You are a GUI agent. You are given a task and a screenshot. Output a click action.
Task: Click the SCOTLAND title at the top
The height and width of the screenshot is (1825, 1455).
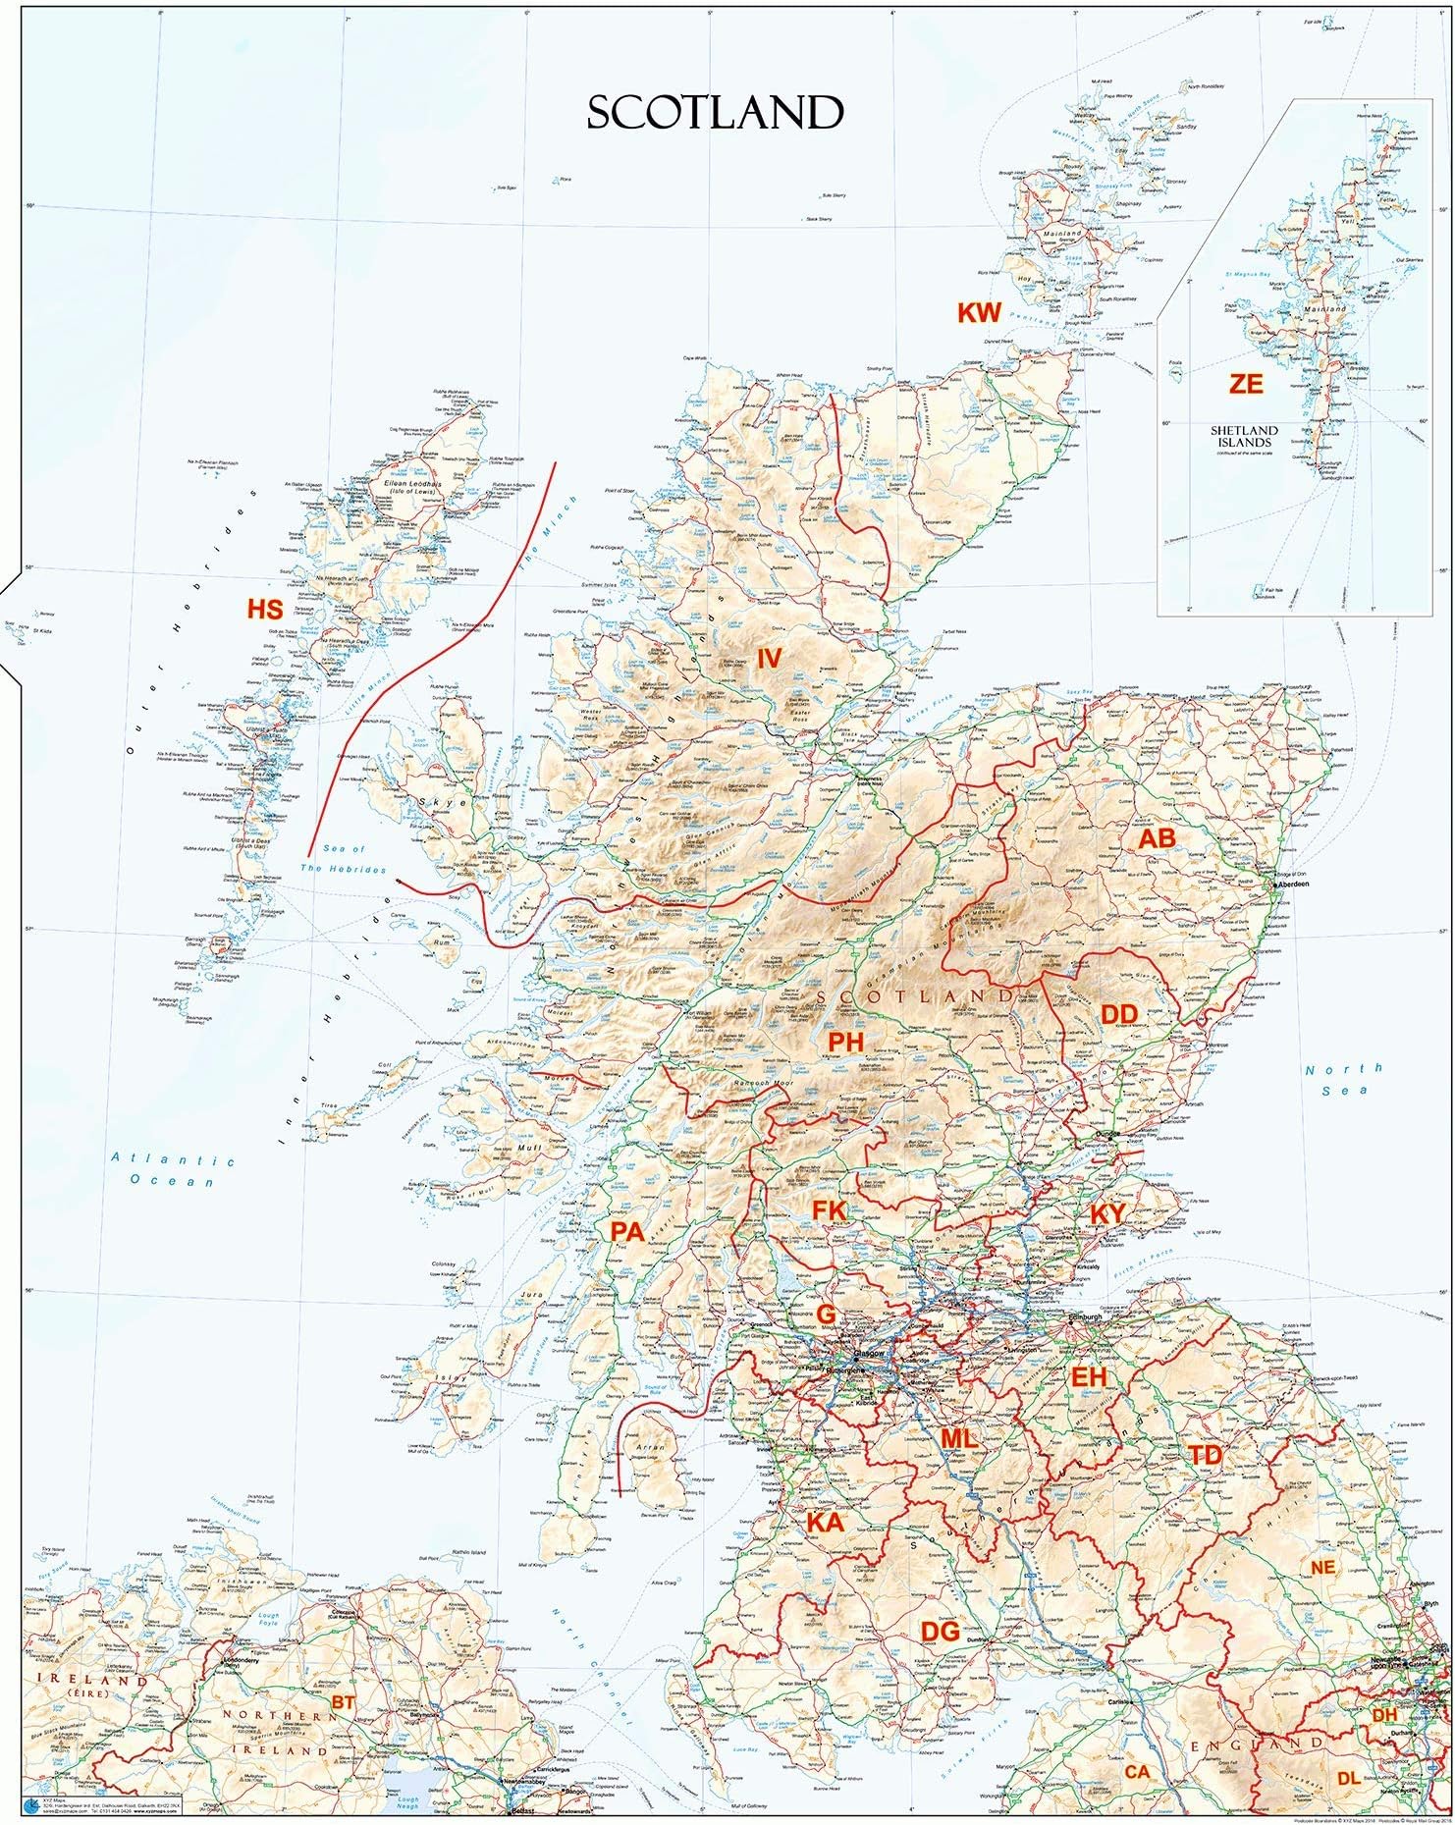[715, 114]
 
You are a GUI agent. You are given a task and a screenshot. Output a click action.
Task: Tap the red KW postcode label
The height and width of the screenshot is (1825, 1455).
[979, 313]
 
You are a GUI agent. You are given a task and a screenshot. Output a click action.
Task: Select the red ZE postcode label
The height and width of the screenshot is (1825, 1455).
[1246, 384]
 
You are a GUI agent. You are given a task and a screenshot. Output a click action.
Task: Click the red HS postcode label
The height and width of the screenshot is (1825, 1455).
[264, 610]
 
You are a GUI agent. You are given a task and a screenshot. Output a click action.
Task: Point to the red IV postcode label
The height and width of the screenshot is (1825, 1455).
[768, 658]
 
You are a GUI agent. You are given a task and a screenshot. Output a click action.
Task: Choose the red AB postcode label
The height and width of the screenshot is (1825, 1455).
[1156, 839]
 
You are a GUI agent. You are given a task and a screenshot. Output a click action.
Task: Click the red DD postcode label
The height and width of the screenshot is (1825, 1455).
[1118, 1015]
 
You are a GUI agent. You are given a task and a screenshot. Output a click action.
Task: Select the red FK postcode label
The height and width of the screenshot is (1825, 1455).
[829, 1211]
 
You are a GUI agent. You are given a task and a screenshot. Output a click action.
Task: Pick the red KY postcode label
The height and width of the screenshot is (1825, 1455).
[1107, 1214]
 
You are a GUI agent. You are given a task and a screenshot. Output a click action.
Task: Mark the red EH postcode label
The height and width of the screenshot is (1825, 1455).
[1089, 1377]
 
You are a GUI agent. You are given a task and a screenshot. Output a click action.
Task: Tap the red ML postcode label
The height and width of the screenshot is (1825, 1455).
[958, 1437]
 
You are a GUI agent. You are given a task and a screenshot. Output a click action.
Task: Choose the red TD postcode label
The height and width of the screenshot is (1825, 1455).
[1204, 1456]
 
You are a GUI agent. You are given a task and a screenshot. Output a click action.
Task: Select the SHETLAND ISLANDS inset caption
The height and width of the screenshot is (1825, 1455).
[1244, 436]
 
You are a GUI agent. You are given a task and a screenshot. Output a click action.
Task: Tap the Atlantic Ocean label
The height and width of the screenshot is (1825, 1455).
[173, 1170]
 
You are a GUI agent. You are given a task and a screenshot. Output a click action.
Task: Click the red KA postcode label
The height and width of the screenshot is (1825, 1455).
[824, 1523]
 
